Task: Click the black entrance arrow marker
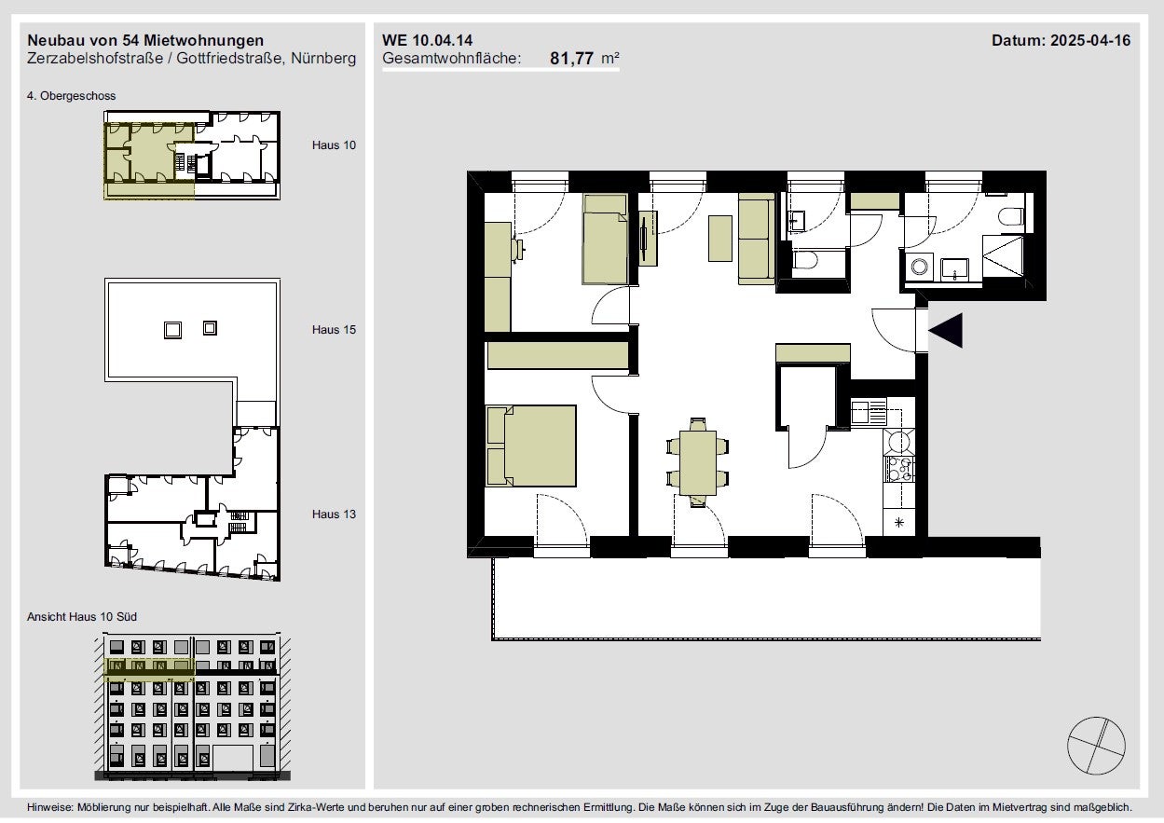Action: pos(946,330)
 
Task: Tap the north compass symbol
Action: pos(1096,746)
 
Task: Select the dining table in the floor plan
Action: pos(697,462)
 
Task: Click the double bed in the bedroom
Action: pos(531,446)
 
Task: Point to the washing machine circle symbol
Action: pos(919,267)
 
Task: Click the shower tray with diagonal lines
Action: pos(1003,258)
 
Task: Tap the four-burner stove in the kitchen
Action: pos(899,469)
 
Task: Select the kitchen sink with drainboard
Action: pos(869,412)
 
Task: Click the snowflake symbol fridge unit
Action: pos(899,522)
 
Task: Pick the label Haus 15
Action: pos(334,329)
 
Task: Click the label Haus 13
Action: pos(334,514)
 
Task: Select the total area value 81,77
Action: pos(571,58)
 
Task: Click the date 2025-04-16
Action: pos(1090,40)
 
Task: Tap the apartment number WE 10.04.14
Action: pos(427,40)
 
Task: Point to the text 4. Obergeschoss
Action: pos(71,96)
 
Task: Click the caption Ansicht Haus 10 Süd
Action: pos(82,617)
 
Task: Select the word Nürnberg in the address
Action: pos(323,58)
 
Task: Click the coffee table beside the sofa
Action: pos(720,239)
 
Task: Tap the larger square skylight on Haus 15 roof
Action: pos(172,330)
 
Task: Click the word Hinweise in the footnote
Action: pos(50,807)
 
